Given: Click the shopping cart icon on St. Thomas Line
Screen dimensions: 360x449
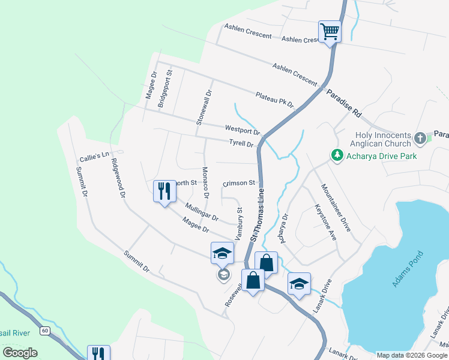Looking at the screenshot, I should [330, 31].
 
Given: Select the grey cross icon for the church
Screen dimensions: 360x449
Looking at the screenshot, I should [420, 139].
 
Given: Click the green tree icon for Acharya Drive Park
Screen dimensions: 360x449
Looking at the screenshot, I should [336, 156].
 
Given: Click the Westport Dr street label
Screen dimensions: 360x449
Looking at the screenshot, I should [242, 130].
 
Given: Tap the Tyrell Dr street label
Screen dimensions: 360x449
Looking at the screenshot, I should [242, 144].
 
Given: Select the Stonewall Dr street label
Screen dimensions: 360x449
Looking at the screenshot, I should [204, 107].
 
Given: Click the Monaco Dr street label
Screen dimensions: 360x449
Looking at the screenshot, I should [205, 182].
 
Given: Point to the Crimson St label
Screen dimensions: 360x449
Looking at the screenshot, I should [239, 183].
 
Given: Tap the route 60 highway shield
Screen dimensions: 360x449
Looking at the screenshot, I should [44, 331].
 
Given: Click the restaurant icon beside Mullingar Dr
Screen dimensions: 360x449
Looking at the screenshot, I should [163, 191].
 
